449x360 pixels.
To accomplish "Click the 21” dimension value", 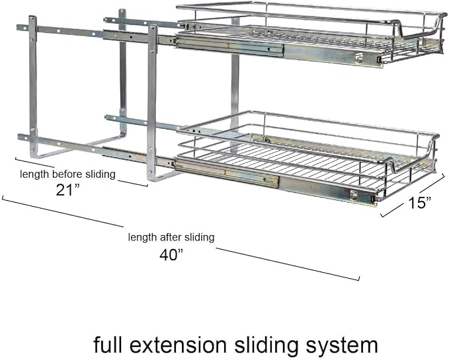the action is [67, 190].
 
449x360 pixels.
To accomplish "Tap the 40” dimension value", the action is [171, 254].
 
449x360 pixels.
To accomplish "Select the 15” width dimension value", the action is [419, 203].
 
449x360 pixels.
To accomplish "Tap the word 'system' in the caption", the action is [342, 346].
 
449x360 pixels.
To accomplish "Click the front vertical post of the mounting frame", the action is [152, 103].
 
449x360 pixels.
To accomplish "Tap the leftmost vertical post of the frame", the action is [33, 86].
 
